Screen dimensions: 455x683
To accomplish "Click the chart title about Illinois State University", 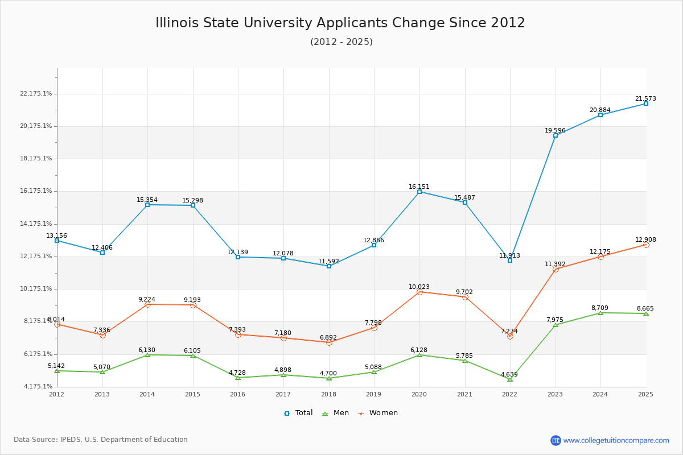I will (340, 23).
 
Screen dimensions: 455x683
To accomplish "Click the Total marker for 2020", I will (419, 192).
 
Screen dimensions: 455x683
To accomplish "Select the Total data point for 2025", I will (646, 104).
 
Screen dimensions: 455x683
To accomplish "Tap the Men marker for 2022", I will (510, 379).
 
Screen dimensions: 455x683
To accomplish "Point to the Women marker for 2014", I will (147, 305).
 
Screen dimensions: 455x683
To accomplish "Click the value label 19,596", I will (555, 130).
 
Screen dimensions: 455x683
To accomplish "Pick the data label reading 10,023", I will (419, 287).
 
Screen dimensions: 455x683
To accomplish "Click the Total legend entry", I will (299, 413).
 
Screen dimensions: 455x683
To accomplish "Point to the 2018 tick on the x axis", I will (329, 394).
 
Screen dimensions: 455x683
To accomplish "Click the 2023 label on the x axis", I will (555, 394).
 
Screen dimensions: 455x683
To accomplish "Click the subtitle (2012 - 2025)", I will (341, 42).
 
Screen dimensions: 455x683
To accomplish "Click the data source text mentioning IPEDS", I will (101, 440).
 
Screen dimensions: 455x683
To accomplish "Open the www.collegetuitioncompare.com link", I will (616, 440).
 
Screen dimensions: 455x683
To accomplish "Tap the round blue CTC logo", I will (556, 440).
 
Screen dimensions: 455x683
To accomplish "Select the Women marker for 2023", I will (556, 269).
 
